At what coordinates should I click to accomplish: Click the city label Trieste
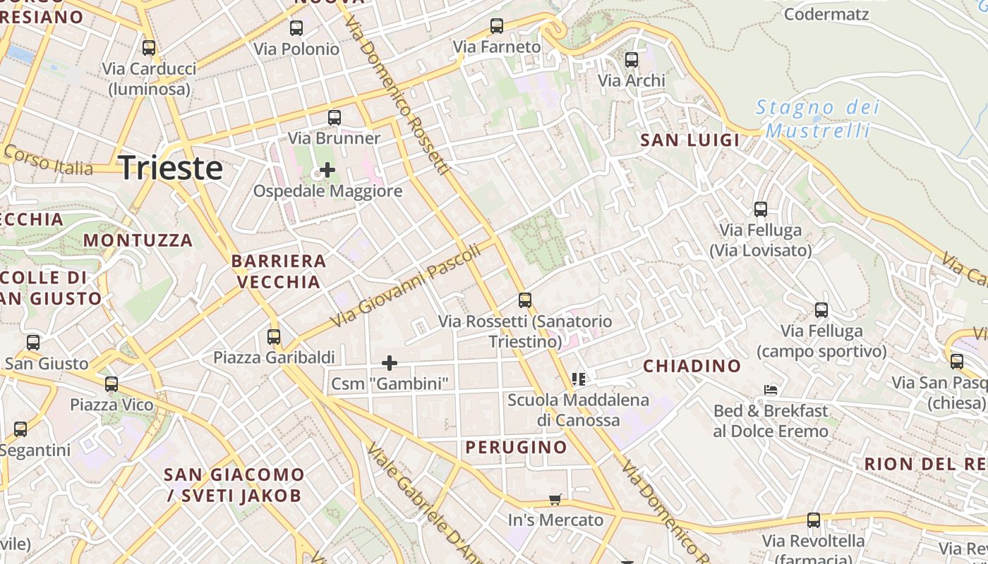pos(171,168)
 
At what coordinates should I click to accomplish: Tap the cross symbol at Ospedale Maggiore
pos(327,170)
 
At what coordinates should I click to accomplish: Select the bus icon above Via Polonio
pos(296,28)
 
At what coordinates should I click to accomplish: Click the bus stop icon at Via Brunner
pos(335,118)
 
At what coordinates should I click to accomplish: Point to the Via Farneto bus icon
pos(497,26)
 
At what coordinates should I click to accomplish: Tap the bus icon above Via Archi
pos(632,60)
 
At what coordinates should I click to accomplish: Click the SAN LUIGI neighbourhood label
pos(689,140)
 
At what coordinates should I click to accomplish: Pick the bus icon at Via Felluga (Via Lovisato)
pos(760,209)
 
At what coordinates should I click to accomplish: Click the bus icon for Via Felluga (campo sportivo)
pos(821,310)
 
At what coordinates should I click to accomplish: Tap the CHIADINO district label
pos(692,366)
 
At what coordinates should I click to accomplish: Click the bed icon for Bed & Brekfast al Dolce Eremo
pos(771,390)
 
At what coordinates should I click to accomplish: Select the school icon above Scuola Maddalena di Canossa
pos(579,379)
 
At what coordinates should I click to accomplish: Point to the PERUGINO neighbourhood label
pos(516,447)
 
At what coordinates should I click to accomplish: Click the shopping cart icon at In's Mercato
pos(555,500)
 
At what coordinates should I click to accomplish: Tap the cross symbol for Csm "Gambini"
pos(390,363)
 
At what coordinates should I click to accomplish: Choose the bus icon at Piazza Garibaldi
pos(274,337)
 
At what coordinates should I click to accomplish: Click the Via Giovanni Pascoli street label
pos(406,285)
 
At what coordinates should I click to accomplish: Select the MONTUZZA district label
pos(138,240)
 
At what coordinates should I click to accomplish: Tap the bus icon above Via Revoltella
pos(814,520)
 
